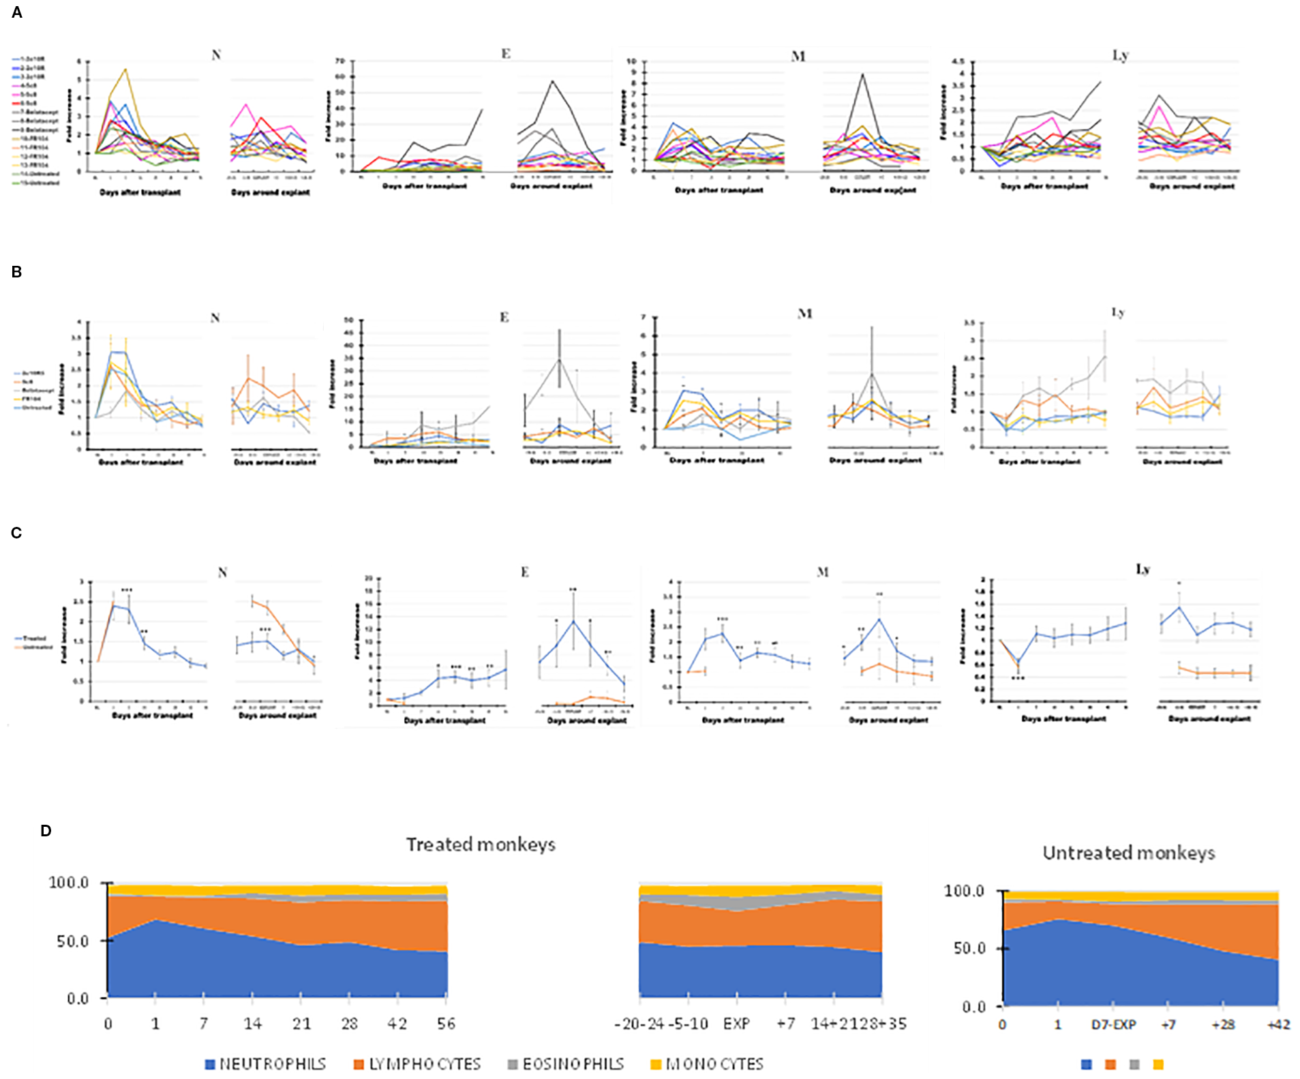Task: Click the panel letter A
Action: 17,12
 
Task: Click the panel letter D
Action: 46,830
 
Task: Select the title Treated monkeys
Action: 481,845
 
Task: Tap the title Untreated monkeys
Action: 1128,853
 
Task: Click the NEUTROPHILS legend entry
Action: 265,1064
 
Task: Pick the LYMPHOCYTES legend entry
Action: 417,1064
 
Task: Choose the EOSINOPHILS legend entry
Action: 566,1064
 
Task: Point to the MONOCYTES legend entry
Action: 707,1064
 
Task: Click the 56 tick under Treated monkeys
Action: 446,1023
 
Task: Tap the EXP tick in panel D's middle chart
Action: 736,1023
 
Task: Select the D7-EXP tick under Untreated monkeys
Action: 1113,1024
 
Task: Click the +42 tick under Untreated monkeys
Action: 1278,1024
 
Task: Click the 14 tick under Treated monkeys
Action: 252,1023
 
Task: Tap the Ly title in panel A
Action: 1120,55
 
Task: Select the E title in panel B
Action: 504,317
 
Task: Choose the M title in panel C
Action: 823,572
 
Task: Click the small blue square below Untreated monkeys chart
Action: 1087,1064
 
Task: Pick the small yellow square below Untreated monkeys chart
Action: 1158,1064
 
